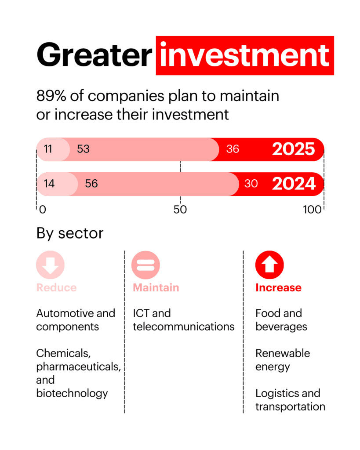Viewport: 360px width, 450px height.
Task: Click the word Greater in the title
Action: [94, 56]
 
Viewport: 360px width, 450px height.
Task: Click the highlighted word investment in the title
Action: [244, 56]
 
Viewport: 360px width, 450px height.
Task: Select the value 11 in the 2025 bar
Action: [47, 149]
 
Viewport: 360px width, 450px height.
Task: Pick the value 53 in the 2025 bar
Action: [83, 149]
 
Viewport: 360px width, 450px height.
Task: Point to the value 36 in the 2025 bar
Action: [233, 149]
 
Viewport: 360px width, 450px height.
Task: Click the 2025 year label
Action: [293, 149]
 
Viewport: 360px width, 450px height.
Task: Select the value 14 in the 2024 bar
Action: [49, 183]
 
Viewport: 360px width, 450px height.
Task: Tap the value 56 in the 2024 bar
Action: [91, 183]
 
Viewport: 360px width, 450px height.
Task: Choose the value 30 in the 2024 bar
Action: [251, 183]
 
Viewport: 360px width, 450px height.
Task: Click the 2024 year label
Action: [293, 183]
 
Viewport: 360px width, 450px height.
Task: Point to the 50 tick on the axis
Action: [180, 210]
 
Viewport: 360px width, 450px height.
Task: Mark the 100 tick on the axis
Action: [312, 210]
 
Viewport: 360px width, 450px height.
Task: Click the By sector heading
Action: [70, 233]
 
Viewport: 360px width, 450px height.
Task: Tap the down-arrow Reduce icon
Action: [50, 265]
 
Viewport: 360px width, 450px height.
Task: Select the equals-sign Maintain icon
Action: [145, 265]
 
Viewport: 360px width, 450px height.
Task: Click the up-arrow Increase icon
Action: [269, 265]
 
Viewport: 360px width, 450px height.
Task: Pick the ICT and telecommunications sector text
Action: [183, 320]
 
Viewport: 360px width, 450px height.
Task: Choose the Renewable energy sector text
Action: [283, 360]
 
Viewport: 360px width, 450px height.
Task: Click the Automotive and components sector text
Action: [76, 320]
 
